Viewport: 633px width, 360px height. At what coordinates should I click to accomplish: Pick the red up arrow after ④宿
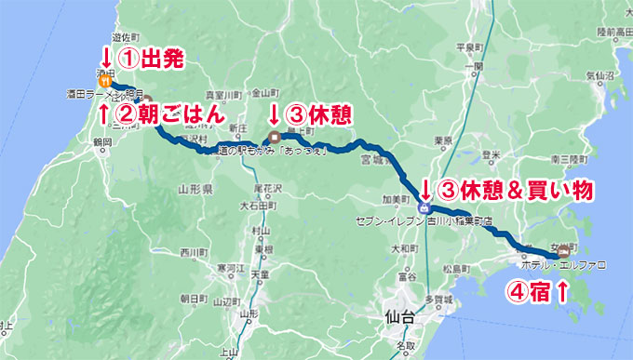(561, 292)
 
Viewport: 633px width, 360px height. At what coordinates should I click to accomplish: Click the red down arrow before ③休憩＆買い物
(424, 191)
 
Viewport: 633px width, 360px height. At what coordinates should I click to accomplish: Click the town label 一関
(476, 66)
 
